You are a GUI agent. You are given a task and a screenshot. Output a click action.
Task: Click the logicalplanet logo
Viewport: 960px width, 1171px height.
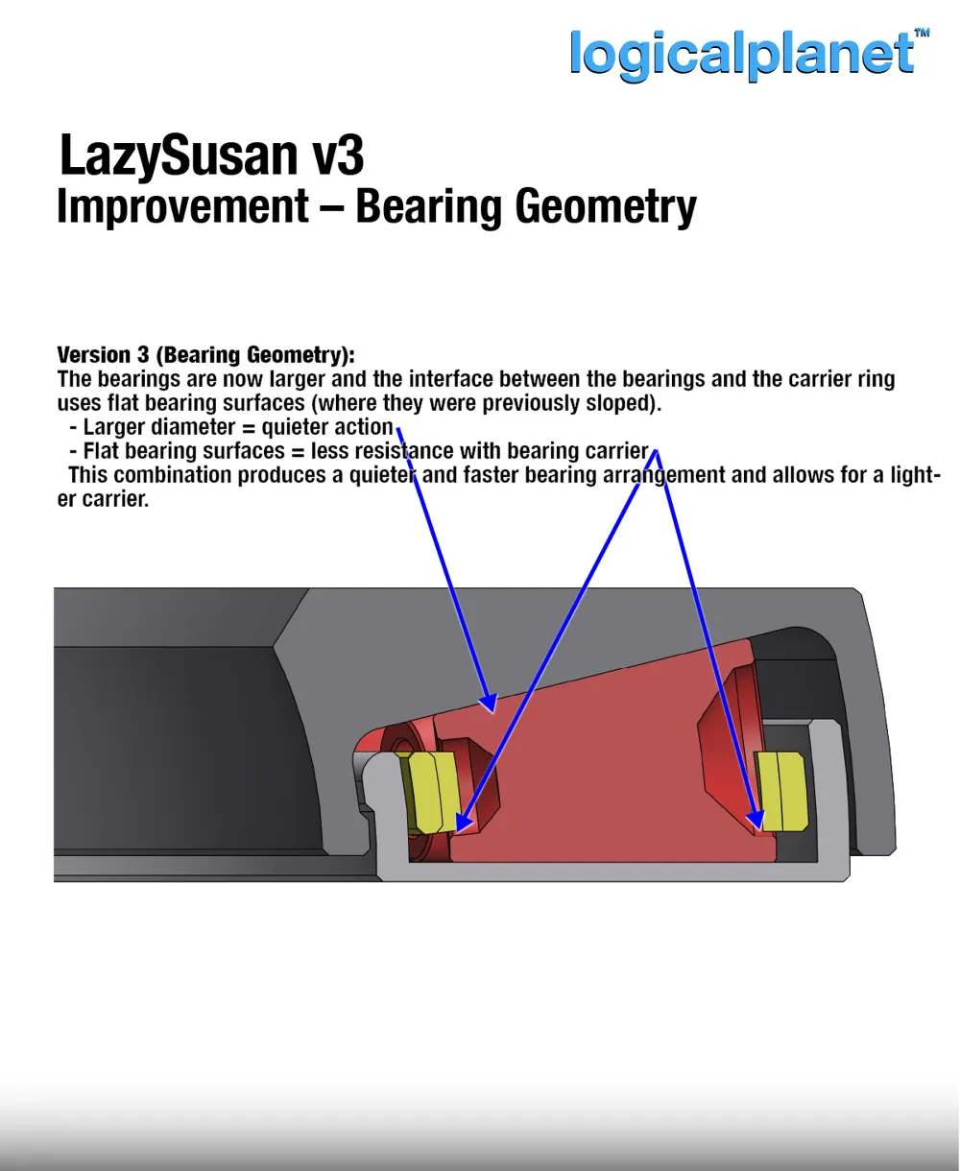click(x=743, y=55)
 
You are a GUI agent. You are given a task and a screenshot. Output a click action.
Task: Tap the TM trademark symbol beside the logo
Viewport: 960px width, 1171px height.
click(x=923, y=33)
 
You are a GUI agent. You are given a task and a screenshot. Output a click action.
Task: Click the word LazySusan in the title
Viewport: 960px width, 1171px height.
click(x=180, y=155)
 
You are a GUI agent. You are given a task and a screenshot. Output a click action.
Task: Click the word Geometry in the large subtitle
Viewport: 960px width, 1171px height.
click(x=606, y=207)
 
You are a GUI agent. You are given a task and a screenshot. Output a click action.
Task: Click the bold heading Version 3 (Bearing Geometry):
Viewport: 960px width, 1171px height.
click(x=206, y=355)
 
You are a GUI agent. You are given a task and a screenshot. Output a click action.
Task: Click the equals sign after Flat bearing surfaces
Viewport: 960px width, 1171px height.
click(x=298, y=452)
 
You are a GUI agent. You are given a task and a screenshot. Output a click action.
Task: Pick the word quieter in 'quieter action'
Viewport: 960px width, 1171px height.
click(x=293, y=427)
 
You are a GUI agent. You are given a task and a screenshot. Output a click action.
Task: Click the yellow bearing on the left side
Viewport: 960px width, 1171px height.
click(x=430, y=792)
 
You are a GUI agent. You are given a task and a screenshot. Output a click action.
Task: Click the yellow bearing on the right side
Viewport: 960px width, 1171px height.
click(x=780, y=792)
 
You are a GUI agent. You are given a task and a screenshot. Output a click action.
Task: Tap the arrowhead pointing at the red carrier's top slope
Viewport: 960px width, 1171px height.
click(x=489, y=703)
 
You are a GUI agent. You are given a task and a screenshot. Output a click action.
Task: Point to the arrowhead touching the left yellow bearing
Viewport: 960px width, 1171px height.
click(x=464, y=822)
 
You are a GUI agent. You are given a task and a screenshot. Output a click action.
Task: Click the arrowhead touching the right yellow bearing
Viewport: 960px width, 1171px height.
click(x=756, y=820)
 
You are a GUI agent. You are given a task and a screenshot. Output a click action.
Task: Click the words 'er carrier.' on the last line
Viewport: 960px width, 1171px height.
click(x=104, y=499)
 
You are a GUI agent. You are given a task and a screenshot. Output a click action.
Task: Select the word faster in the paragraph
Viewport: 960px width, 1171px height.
click(x=491, y=475)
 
